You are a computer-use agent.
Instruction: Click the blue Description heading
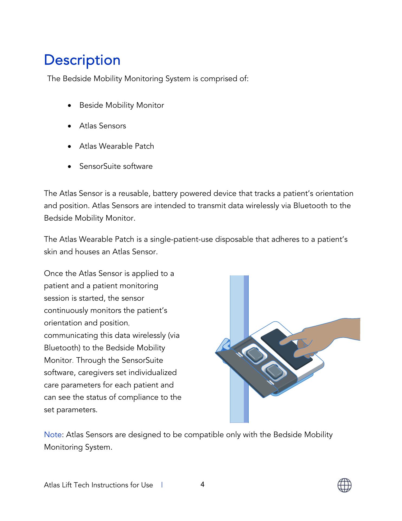tap(82, 60)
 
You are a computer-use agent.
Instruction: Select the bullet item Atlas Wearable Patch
tap(116, 146)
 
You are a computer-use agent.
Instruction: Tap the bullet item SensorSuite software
tap(116, 166)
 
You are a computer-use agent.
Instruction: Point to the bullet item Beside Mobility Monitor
tap(121, 105)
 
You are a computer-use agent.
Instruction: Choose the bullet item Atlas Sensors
tap(102, 126)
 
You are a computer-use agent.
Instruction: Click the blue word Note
tap(53, 434)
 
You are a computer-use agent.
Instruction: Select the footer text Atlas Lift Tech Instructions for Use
tap(98, 485)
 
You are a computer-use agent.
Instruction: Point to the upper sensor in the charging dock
tap(254, 355)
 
